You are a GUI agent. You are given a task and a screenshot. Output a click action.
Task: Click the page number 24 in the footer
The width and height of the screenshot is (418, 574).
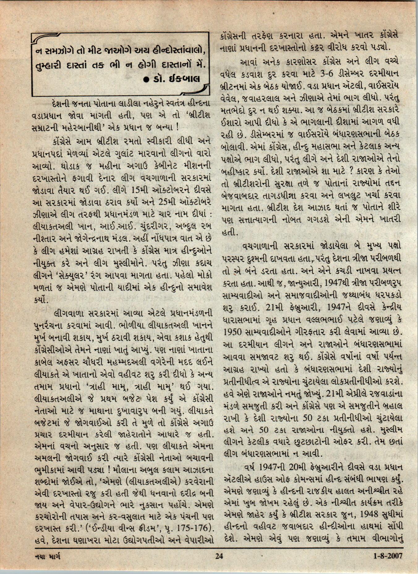219,556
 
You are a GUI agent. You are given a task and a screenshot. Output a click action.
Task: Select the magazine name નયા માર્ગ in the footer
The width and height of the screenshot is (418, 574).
46,556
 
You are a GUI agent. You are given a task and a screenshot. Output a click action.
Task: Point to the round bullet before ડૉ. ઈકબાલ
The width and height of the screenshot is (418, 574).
147,80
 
